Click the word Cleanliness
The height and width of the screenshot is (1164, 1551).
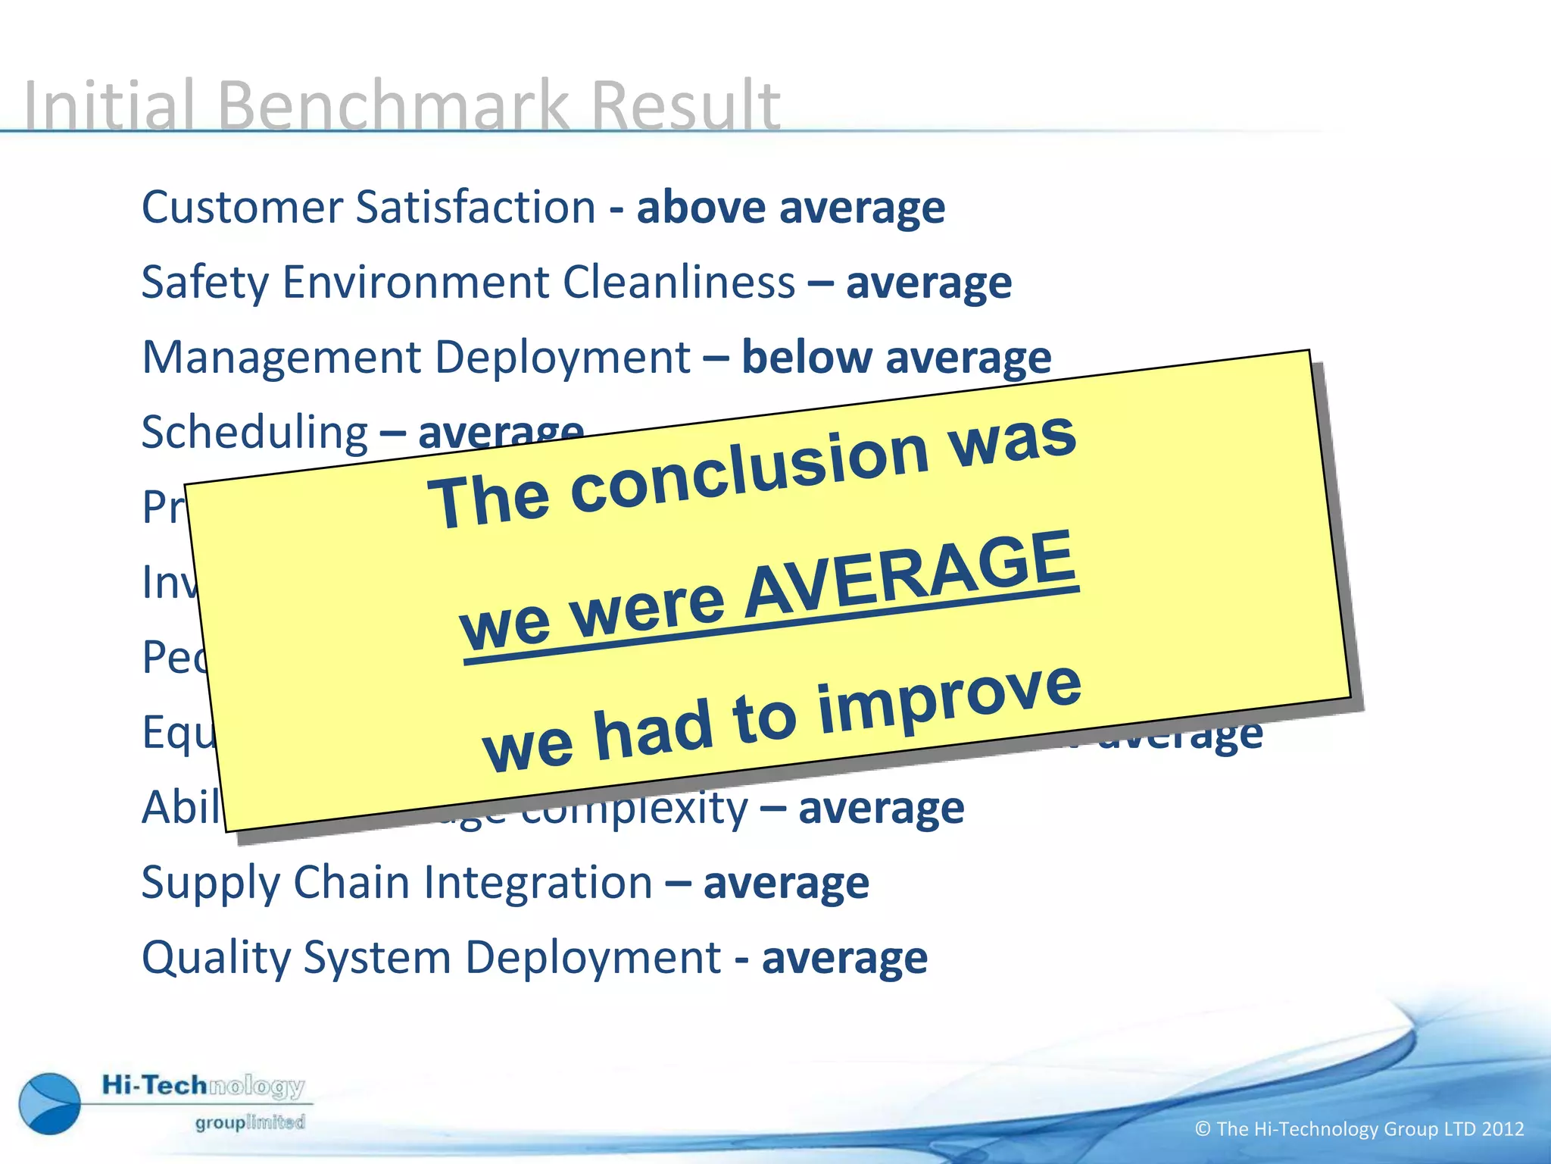click(679, 282)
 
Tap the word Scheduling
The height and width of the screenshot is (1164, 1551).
click(254, 433)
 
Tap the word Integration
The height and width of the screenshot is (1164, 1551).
click(538, 883)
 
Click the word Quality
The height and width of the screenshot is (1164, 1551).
click(215, 958)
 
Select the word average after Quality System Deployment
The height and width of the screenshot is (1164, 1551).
click(844, 958)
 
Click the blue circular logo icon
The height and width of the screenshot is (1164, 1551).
click(50, 1103)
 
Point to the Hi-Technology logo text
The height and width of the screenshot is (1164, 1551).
click(203, 1086)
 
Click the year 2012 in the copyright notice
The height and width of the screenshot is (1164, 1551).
click(1503, 1129)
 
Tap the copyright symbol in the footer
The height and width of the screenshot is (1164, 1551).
click(1203, 1129)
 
